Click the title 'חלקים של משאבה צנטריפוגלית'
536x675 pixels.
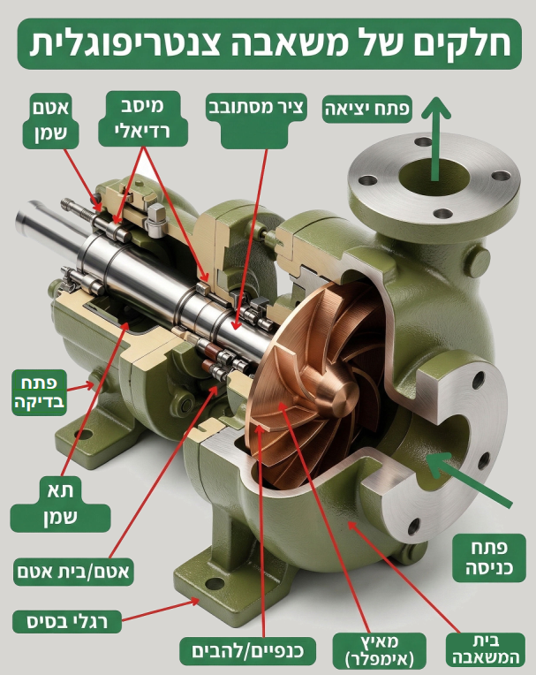pyautogui.click(x=269, y=43)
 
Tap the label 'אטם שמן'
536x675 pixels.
pyautogui.click(x=50, y=120)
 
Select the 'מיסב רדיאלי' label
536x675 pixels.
pyautogui.click(x=143, y=118)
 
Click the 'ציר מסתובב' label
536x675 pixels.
pyautogui.click(x=256, y=108)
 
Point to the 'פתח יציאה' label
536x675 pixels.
pyautogui.click(x=367, y=109)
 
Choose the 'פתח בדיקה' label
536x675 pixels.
pyautogui.click(x=39, y=392)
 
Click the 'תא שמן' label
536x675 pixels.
pyautogui.click(x=60, y=504)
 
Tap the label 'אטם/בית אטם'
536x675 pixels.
pyautogui.click(x=72, y=572)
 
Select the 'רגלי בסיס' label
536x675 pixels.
pyautogui.click(x=67, y=621)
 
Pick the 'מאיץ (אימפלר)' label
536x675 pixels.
pyautogui.click(x=380, y=650)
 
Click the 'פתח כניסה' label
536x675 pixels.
pyautogui.click(x=489, y=557)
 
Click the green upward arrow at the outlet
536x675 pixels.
pyautogui.click(x=435, y=139)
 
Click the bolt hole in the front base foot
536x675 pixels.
pyautogui.click(x=215, y=584)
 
